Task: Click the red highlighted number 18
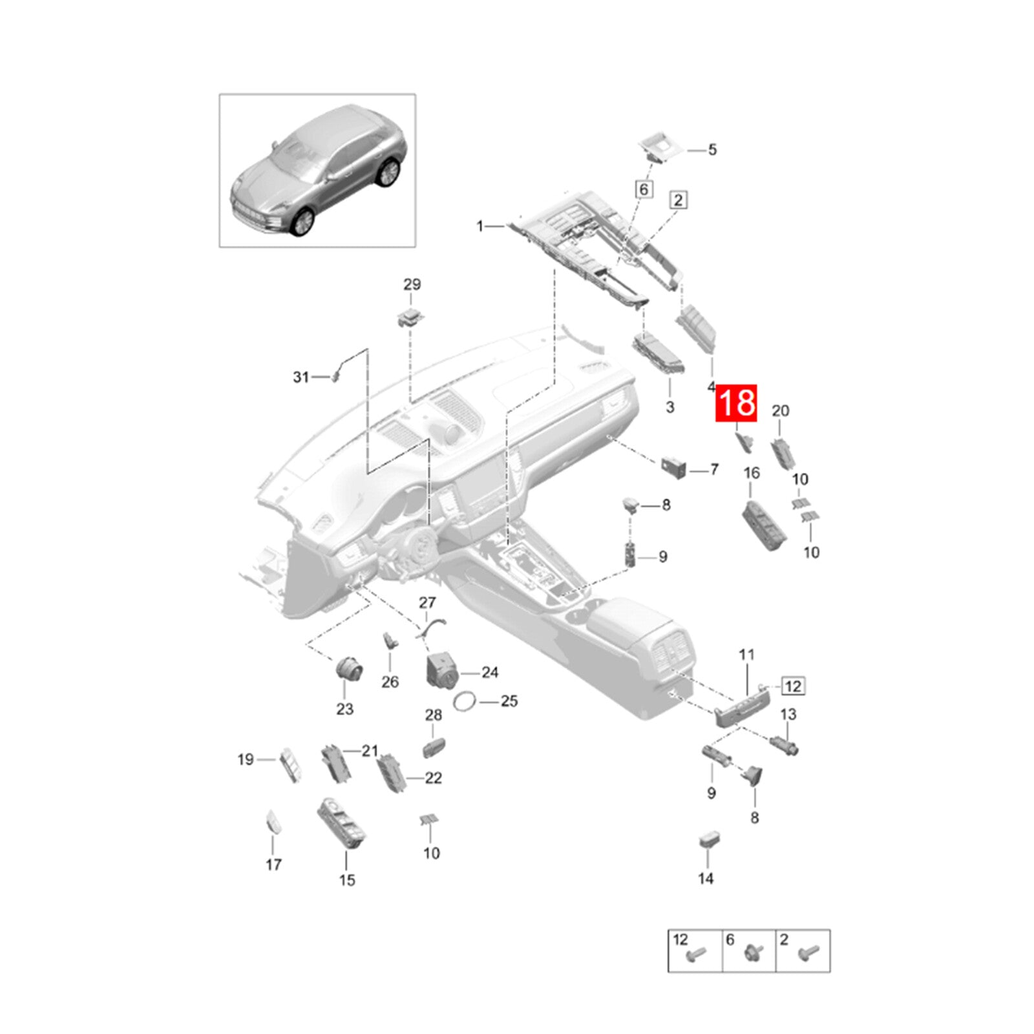[735, 403]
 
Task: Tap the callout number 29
[412, 284]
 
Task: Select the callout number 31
[301, 377]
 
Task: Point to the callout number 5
[712, 150]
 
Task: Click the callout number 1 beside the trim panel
[480, 226]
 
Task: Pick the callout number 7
[714, 469]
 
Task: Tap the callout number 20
[781, 411]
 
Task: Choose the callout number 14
[706, 878]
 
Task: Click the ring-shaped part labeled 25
[467, 702]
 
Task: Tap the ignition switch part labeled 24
[442, 670]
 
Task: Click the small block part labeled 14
[710, 840]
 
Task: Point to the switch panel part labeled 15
[341, 822]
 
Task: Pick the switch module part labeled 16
[764, 523]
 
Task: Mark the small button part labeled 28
[434, 747]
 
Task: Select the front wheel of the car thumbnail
[302, 222]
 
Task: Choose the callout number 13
[788, 714]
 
